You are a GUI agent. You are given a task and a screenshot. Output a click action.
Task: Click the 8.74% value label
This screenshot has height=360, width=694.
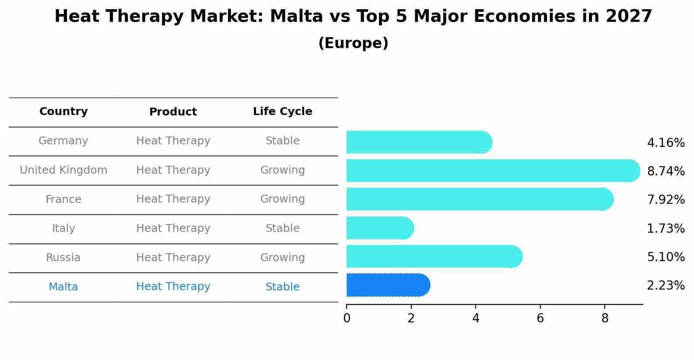[666, 171]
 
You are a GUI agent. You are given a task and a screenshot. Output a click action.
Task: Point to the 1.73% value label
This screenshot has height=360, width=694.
[666, 228]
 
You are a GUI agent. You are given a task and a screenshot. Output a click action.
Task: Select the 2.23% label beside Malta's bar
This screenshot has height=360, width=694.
[666, 286]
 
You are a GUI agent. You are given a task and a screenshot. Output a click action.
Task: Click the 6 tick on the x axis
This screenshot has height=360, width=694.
[540, 318]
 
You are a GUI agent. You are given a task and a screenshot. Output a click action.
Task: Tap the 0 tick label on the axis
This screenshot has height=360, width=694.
[347, 318]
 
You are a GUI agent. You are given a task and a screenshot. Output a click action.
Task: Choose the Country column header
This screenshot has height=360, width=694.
[63, 112]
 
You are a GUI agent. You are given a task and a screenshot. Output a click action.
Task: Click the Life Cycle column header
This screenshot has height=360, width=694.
[282, 112]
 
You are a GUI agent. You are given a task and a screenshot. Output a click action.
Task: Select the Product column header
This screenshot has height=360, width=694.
[173, 112]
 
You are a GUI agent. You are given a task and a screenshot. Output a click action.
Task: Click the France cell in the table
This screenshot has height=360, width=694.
[63, 199]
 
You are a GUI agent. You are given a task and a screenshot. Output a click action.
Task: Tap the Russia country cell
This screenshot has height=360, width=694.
[63, 258]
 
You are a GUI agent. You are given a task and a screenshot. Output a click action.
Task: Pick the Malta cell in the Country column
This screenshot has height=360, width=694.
[63, 287]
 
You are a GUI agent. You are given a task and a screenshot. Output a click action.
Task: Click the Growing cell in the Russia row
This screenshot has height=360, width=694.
[282, 258]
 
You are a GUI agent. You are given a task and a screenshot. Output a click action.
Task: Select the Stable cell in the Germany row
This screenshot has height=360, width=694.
[282, 141]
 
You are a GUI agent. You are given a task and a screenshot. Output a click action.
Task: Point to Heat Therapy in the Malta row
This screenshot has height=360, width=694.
[173, 287]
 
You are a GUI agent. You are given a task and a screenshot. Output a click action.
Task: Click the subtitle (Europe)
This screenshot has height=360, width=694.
[353, 43]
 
